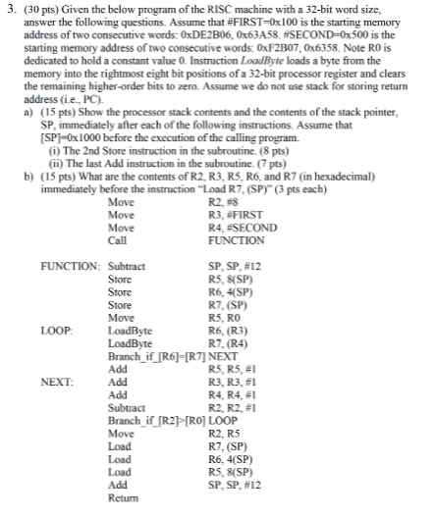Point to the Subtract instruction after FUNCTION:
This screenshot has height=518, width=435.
click(127, 266)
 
